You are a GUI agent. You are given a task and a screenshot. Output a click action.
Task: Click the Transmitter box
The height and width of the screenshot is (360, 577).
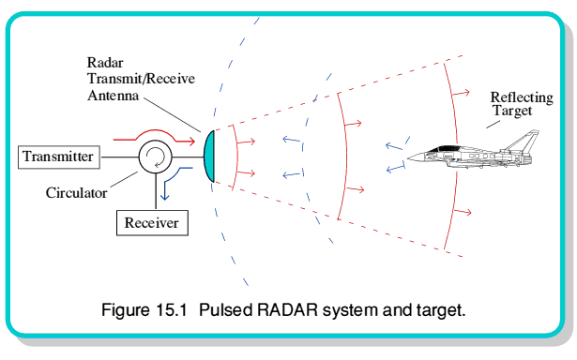coord(59,157)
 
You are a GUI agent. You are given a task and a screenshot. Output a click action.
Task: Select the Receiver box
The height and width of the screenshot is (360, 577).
coord(152,223)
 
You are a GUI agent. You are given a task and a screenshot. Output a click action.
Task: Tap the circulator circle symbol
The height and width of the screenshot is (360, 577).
coord(156,157)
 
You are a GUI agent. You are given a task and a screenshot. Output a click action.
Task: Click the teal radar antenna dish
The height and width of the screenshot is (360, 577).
coord(209,157)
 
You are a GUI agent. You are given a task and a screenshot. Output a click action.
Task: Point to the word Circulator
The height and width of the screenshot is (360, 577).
coord(76,193)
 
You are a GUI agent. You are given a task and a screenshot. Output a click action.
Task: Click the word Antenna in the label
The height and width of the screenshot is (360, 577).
coord(113,96)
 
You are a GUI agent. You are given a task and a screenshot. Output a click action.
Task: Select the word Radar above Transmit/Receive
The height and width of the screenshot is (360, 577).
coord(105,63)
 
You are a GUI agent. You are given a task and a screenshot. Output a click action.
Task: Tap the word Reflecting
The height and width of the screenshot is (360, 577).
coord(522,98)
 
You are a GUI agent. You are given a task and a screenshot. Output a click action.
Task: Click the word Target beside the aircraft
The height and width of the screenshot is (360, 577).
coord(512,111)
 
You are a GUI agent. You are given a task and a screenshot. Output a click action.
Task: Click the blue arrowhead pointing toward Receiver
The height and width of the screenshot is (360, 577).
coord(164,196)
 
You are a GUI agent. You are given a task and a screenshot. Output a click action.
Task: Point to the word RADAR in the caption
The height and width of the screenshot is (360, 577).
coord(287,310)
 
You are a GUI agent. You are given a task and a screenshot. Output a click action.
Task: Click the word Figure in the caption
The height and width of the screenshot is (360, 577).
coord(126,310)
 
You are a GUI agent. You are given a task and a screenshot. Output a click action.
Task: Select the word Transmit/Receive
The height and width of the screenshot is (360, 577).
coord(141,79)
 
